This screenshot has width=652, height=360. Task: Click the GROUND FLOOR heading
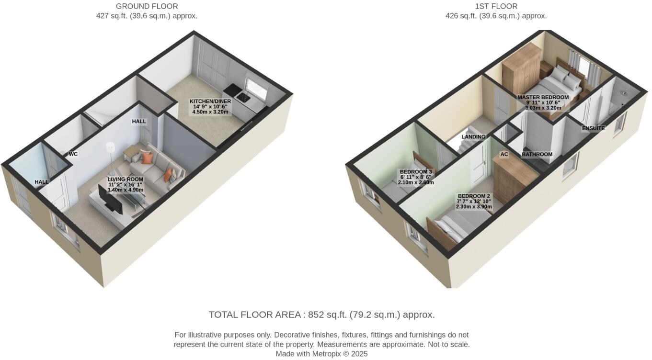coord(147,6)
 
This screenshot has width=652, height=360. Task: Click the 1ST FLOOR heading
coord(496,6)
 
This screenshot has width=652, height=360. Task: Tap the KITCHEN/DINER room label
coord(210,101)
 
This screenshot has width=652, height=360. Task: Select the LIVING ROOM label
coord(125,179)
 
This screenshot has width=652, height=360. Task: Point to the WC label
coord(73,154)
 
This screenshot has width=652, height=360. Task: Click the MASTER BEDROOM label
coord(543,97)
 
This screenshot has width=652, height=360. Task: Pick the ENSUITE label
coord(593,128)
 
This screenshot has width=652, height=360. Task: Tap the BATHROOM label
coord(537,155)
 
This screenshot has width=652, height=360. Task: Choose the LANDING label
coord(473,137)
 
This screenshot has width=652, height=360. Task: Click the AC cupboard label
coord(504,155)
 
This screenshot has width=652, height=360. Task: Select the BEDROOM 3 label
coord(416,172)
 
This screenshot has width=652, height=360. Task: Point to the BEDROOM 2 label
coord(474,196)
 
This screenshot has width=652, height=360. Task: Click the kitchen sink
coord(242,98)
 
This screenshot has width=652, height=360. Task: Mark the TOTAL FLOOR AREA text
coord(321,315)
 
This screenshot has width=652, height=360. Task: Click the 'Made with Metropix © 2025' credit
coord(321,354)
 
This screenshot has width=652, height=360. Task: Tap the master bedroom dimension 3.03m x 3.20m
coord(543,108)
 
